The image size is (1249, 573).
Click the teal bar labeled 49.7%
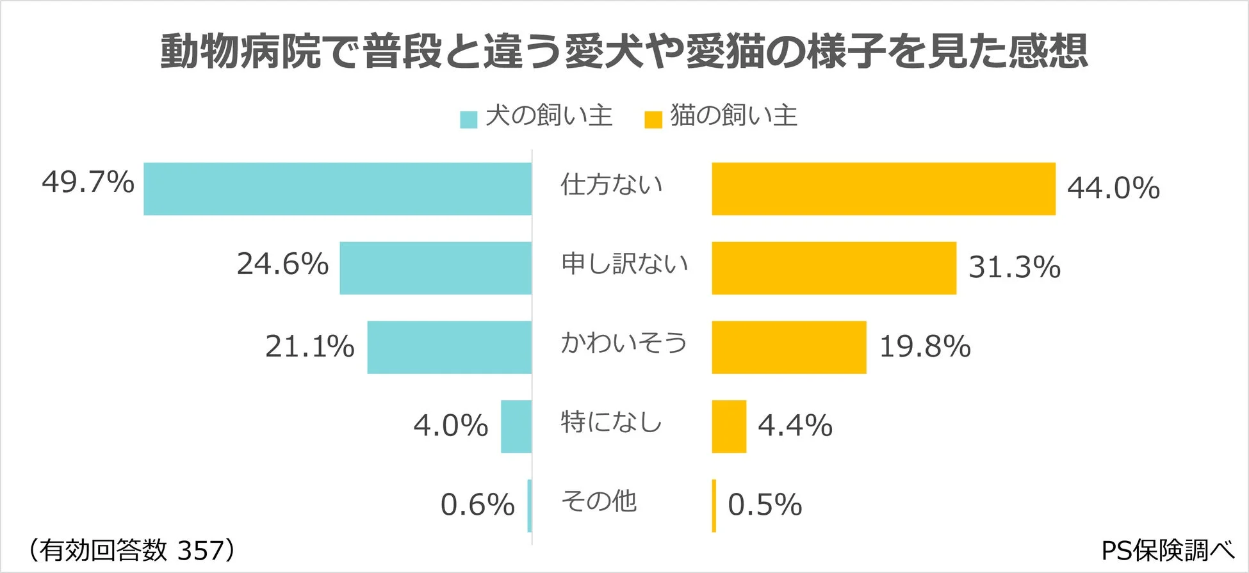338,189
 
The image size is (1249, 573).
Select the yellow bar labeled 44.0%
883,189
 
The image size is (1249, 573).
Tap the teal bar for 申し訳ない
436,268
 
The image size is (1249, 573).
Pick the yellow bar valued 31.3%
834,268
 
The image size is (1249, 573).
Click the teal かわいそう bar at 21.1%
449,347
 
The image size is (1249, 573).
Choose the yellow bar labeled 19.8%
789,347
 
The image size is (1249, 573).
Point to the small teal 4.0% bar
516,426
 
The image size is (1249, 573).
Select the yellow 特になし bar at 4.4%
729,426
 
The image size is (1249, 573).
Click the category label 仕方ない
611,184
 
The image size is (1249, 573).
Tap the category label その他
599,501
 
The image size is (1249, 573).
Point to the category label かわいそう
623,343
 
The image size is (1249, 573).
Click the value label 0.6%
477,504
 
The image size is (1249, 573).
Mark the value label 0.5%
765,504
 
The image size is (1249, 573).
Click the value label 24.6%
282,264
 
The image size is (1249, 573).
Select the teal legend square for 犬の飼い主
469,120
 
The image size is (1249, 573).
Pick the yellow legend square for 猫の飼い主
653,120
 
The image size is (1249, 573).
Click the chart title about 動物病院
624,51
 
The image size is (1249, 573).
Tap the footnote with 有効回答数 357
131,550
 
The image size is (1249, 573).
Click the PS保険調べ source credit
1167,550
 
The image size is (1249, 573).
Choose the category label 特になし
611,422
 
